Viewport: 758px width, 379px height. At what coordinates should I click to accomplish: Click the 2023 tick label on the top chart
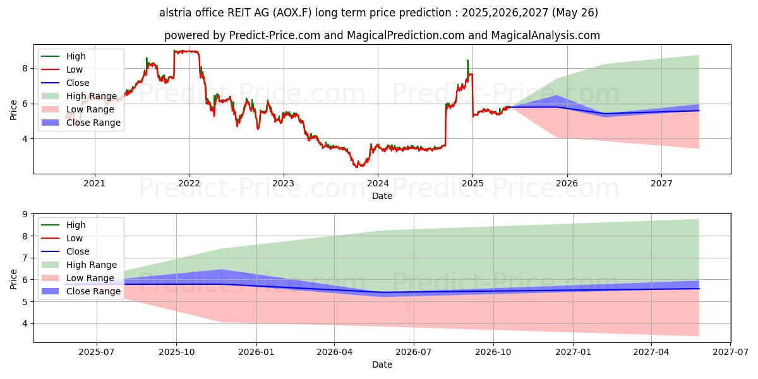coord(284,184)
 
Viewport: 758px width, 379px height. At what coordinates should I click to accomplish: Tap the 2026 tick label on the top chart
coord(567,184)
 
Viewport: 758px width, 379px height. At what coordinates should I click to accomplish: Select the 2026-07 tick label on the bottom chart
coord(413,352)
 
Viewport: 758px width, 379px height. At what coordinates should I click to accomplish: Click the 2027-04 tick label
coord(651,352)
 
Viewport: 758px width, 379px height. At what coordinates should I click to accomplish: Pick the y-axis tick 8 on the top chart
coord(25,68)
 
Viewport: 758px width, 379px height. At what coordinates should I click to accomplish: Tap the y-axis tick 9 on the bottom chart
coord(25,214)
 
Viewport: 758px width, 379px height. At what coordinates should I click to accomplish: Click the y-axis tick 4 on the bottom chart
coord(25,323)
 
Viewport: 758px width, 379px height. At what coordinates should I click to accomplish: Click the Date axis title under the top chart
coord(382,196)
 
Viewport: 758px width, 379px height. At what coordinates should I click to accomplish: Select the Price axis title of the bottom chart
coord(14,279)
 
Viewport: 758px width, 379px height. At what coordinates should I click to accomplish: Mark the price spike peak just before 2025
coord(467,61)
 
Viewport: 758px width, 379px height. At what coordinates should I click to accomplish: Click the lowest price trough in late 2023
coord(357,167)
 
